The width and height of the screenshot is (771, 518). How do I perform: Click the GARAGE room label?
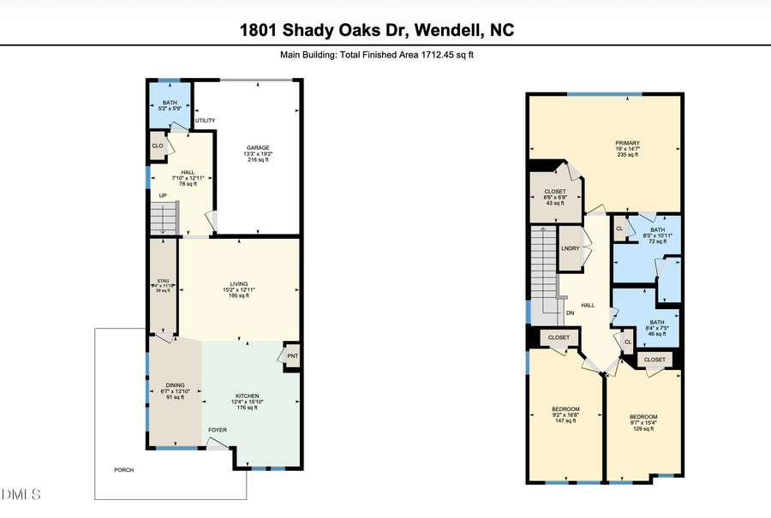click(x=259, y=147)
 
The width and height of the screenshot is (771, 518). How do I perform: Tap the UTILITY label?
click(x=205, y=121)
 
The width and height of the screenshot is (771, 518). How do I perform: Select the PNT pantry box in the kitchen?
click(x=291, y=355)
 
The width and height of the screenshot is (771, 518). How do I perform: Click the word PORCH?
click(x=124, y=469)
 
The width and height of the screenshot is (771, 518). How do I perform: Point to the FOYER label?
click(x=218, y=430)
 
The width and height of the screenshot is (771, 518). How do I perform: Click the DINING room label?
click(x=175, y=384)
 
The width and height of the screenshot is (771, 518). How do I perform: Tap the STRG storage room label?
click(x=163, y=280)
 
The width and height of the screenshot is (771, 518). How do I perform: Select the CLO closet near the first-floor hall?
click(x=158, y=146)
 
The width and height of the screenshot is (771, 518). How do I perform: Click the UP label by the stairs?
click(x=163, y=195)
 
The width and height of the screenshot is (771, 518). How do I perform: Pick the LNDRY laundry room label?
click(x=571, y=248)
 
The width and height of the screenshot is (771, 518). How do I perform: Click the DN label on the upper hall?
click(x=570, y=313)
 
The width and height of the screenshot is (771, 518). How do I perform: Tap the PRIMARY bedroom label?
click(x=627, y=143)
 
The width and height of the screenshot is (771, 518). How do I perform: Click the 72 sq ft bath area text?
click(x=657, y=242)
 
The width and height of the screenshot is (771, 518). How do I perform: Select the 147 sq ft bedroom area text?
click(x=565, y=420)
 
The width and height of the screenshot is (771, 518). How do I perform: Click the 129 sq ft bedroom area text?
click(x=642, y=428)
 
